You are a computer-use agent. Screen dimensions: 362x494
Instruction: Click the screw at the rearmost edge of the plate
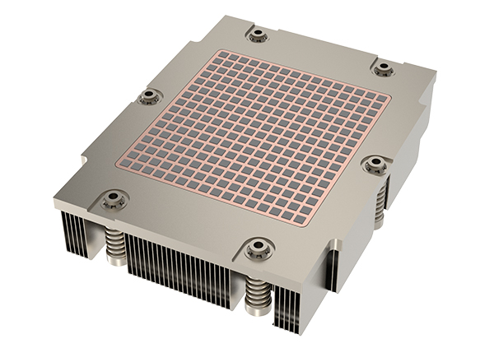pyautogui.click(x=258, y=35)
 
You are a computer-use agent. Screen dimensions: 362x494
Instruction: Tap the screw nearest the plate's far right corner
pyautogui.click(x=384, y=68)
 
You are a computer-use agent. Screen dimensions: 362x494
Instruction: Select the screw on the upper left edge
pyautogui.click(x=149, y=96)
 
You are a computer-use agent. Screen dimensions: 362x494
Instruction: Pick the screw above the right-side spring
pyautogui.click(x=375, y=165)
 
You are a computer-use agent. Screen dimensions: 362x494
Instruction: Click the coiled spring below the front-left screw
pyautogui.click(x=115, y=246)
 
